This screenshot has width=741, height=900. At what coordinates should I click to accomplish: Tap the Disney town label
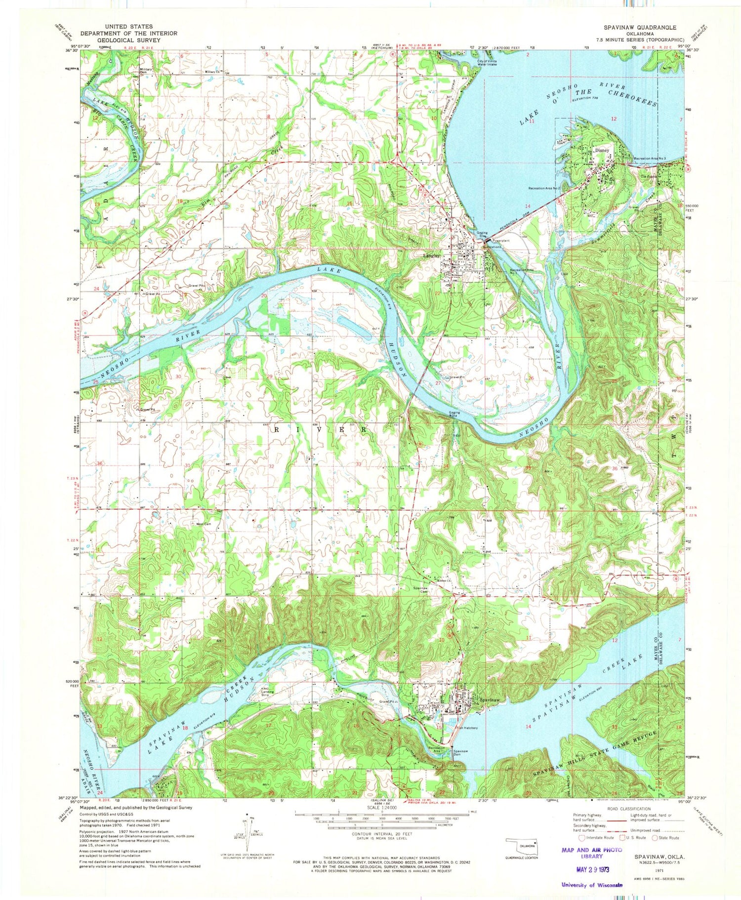603,150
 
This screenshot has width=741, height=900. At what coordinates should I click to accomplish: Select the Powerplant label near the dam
500,241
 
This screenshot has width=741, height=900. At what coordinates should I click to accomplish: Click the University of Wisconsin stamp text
592,885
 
